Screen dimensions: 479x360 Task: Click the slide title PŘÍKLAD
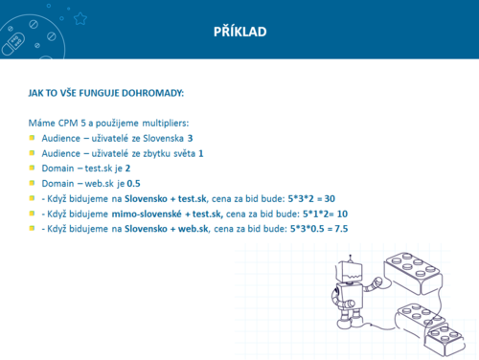pyautogui.click(x=239, y=32)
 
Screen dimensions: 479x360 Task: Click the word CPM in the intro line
pyautogui.click(x=68, y=123)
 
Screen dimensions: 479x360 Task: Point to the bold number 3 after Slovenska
pyautogui.click(x=190, y=138)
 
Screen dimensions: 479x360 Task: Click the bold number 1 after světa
pyautogui.click(x=201, y=153)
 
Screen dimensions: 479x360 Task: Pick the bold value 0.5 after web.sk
pyautogui.click(x=133, y=184)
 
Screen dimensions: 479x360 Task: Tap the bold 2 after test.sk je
pyautogui.click(x=127, y=169)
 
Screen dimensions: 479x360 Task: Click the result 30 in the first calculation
pyautogui.click(x=330, y=198)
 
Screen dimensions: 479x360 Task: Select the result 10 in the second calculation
pyautogui.click(x=342, y=214)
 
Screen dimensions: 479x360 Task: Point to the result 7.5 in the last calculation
pyautogui.click(x=341, y=229)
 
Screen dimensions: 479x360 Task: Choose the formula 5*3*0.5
pyautogui.click(x=307, y=229)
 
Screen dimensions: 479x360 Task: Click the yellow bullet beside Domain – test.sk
pyautogui.click(x=32, y=168)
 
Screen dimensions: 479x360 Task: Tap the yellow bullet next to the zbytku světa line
pyautogui.click(x=32, y=153)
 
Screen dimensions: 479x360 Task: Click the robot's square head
pyautogui.click(x=350, y=272)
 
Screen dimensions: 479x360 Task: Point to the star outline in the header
pyautogui.click(x=80, y=18)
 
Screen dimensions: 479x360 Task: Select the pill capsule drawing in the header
pyautogui.click(x=13, y=44)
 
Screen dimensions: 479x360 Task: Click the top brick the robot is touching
pyautogui.click(x=413, y=273)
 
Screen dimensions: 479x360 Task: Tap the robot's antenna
pyautogui.click(x=351, y=259)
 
